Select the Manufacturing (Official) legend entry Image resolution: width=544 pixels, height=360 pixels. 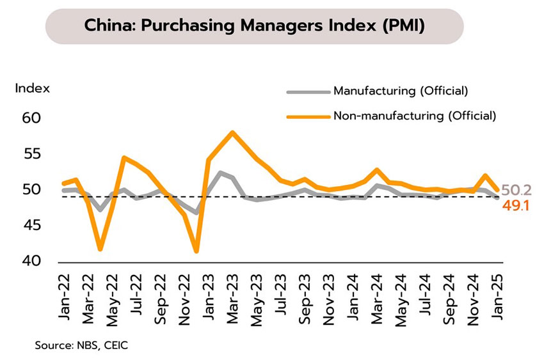[401, 91]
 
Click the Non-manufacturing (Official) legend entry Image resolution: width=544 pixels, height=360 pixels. [414, 116]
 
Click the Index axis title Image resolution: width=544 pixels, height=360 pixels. [33, 88]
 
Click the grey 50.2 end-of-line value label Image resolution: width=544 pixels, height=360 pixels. [515, 189]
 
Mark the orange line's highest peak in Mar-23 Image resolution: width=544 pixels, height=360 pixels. [232, 132]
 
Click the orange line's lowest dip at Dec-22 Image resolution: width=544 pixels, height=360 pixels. [196, 251]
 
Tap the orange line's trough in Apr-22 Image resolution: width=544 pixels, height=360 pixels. [100, 249]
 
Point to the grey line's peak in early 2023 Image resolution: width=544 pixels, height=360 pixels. [220, 172]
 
